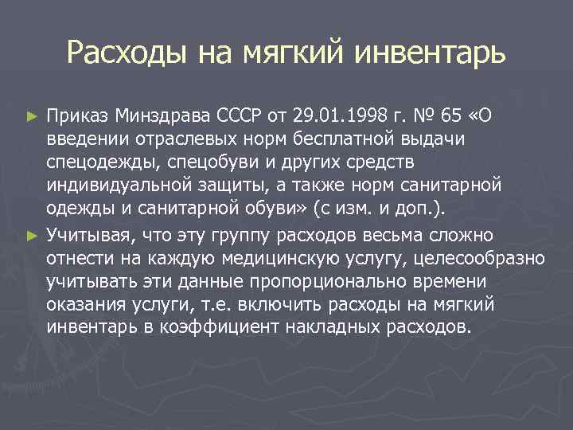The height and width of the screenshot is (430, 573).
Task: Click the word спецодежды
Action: point(100,163)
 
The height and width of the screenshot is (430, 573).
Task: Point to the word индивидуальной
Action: point(116,186)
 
